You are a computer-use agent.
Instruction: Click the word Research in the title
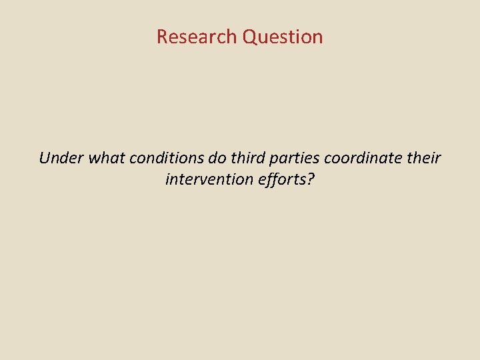(x=197, y=37)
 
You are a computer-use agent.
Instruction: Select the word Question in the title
(x=283, y=37)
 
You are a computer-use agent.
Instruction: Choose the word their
(x=423, y=159)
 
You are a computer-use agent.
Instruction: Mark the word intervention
(x=208, y=179)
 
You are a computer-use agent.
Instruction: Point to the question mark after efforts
(x=310, y=179)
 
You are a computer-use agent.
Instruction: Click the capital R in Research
(x=162, y=37)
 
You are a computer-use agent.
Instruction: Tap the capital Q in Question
(x=249, y=37)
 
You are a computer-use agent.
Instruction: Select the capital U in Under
(x=45, y=159)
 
